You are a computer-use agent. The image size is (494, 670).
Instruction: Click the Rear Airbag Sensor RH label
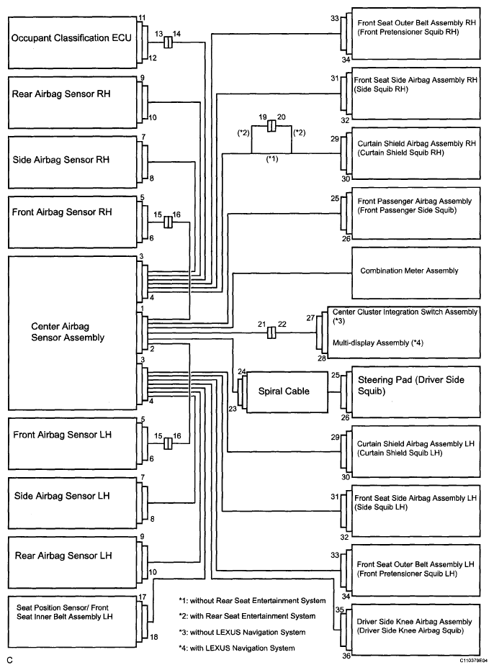pyautogui.click(x=61, y=94)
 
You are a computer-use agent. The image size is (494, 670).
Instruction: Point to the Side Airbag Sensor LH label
pyautogui.click(x=62, y=496)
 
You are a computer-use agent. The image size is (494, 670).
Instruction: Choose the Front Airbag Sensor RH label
pyautogui.click(x=62, y=212)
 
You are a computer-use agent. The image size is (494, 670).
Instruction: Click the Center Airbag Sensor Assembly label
pyautogui.click(x=68, y=332)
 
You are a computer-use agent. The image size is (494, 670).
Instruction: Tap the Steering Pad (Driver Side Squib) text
pyautogui.click(x=410, y=385)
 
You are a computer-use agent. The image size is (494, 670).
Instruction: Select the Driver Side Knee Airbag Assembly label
pyautogui.click(x=414, y=622)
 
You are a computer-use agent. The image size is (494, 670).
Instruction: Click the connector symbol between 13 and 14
pyautogui.click(x=168, y=42)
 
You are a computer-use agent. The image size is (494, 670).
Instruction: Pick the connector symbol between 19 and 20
pyautogui.click(x=271, y=126)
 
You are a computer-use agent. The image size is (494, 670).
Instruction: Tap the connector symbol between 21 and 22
pyautogui.click(x=271, y=333)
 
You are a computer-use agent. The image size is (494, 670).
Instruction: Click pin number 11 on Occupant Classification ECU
pyautogui.click(x=142, y=18)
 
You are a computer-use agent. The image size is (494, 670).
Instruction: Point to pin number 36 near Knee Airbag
pyautogui.click(x=346, y=656)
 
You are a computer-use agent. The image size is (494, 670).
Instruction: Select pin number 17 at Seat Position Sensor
pyautogui.click(x=143, y=597)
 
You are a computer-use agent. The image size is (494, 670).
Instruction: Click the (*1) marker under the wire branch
pyautogui.click(x=272, y=159)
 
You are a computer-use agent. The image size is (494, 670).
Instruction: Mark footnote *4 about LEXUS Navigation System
pyautogui.click(x=236, y=648)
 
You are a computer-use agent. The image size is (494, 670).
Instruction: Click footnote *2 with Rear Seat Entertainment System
pyautogui.click(x=247, y=616)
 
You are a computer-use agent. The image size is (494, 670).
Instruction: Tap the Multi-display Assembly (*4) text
pyautogui.click(x=378, y=343)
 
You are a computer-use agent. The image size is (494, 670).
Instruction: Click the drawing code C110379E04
pyautogui.click(x=473, y=661)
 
